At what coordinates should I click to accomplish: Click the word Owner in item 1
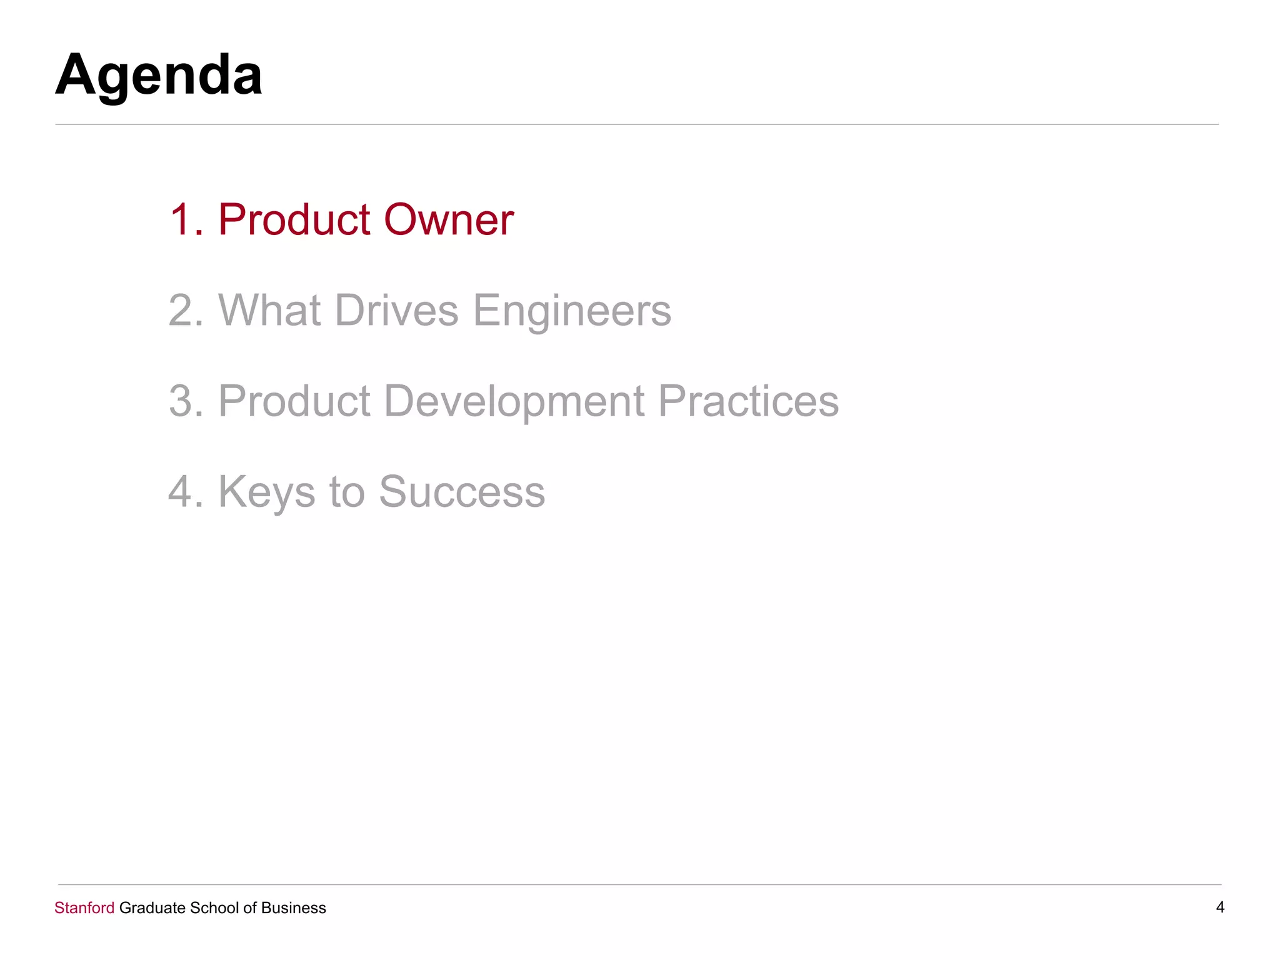(448, 220)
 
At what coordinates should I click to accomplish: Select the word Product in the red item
(294, 220)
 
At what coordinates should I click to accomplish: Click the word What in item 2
(269, 310)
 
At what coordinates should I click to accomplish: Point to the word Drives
(397, 310)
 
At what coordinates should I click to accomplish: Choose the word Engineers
(572, 311)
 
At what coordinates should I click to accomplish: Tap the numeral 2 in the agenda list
(181, 310)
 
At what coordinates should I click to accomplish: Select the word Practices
(748, 401)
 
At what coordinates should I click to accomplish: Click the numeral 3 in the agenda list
(181, 401)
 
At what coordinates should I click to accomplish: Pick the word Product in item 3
(294, 401)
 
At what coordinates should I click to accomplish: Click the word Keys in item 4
(266, 492)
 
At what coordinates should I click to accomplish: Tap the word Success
(462, 492)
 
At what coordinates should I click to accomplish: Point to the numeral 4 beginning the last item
(181, 492)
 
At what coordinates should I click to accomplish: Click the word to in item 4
(347, 492)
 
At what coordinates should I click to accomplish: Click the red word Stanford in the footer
(84, 907)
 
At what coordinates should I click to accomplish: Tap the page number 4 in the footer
(1219, 907)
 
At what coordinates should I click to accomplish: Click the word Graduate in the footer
(152, 907)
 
